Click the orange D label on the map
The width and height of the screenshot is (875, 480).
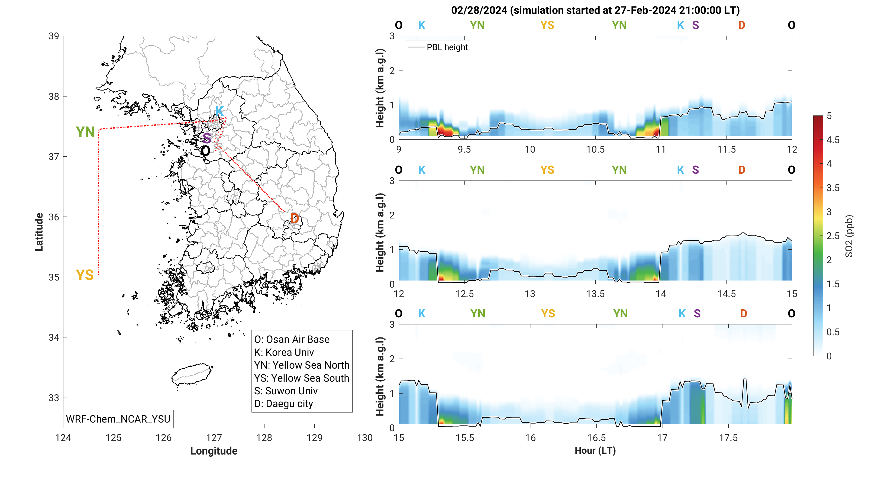click(295, 218)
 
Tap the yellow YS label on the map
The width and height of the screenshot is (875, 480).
click(85, 275)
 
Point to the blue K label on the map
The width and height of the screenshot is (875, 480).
click(219, 111)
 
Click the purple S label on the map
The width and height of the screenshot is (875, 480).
click(207, 138)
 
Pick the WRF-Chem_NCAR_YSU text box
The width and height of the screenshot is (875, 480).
click(118, 419)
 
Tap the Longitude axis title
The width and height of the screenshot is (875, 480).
click(214, 451)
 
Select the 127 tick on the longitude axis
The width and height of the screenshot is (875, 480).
click(214, 437)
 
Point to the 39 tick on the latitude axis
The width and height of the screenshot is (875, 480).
click(54, 36)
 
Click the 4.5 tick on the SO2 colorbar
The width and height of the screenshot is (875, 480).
click(833, 140)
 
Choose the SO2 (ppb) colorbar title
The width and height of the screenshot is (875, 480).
click(848, 236)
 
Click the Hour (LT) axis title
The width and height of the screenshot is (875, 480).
click(595, 450)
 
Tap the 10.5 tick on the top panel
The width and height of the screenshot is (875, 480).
click(595, 149)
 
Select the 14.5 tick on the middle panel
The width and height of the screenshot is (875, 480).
click(726, 294)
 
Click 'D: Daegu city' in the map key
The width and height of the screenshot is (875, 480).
click(284, 404)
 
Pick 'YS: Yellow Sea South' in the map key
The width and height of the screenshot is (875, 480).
click(302, 378)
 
